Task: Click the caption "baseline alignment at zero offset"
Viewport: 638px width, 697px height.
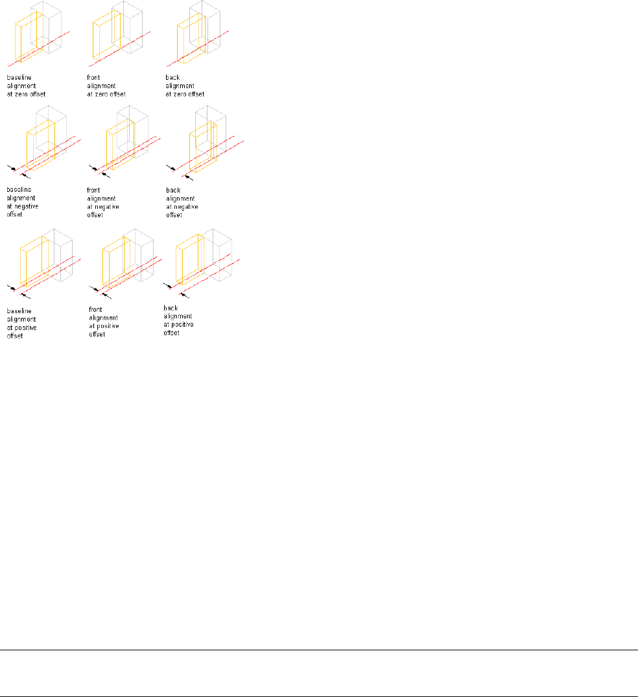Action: coord(27,85)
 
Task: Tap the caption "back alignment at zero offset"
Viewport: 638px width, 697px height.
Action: coord(185,85)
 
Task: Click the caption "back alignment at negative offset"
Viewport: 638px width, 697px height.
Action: coord(182,202)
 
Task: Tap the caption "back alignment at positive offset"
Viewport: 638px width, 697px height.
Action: coord(180,320)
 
